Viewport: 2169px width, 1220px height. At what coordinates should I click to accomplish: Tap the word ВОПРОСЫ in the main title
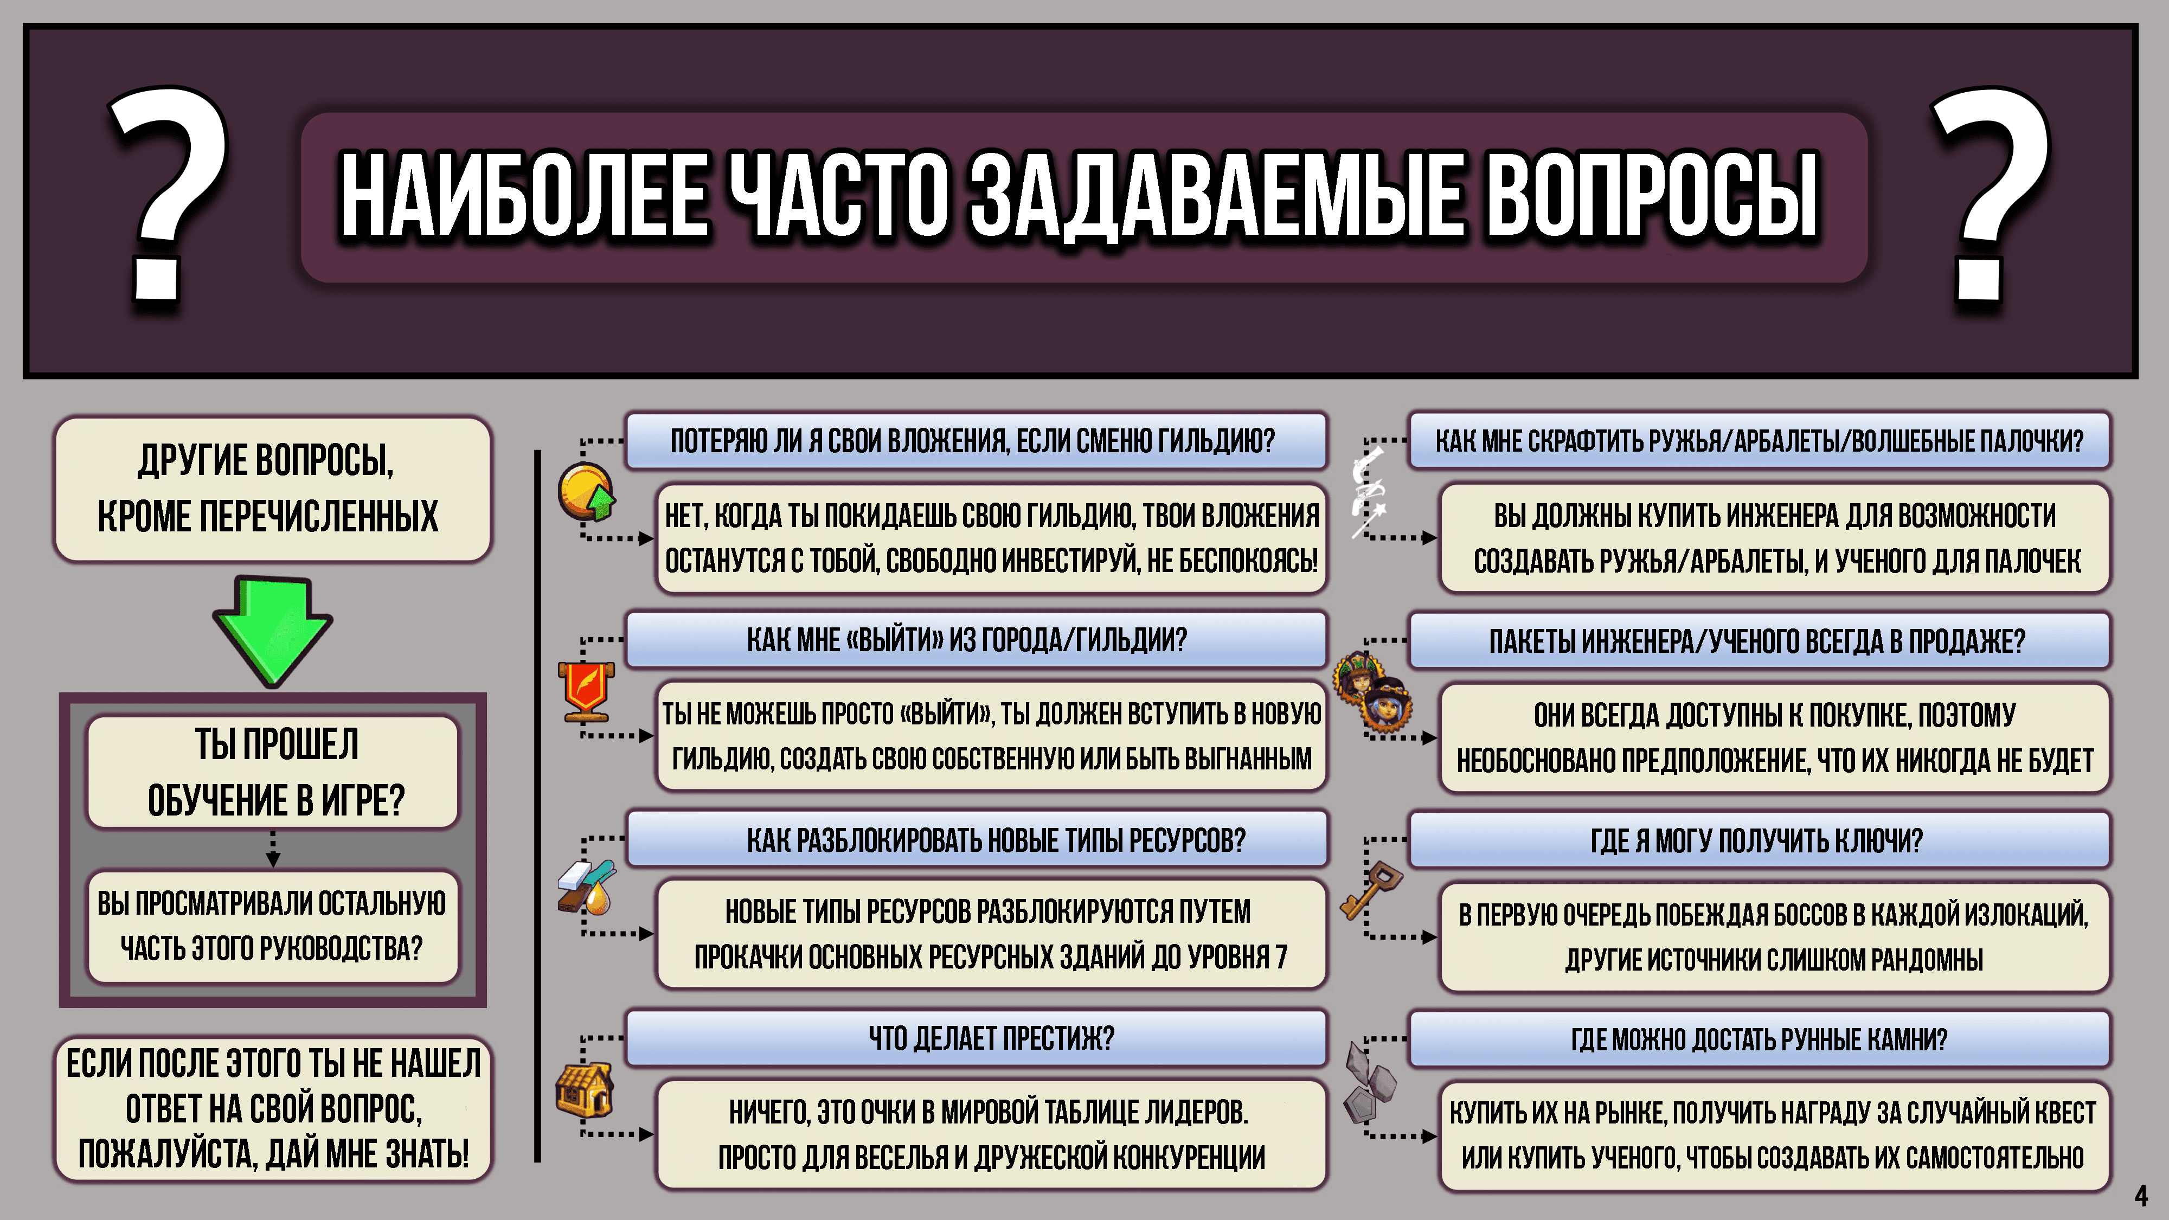click(1650, 195)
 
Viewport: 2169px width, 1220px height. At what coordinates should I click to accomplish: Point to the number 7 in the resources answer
click(1281, 958)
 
